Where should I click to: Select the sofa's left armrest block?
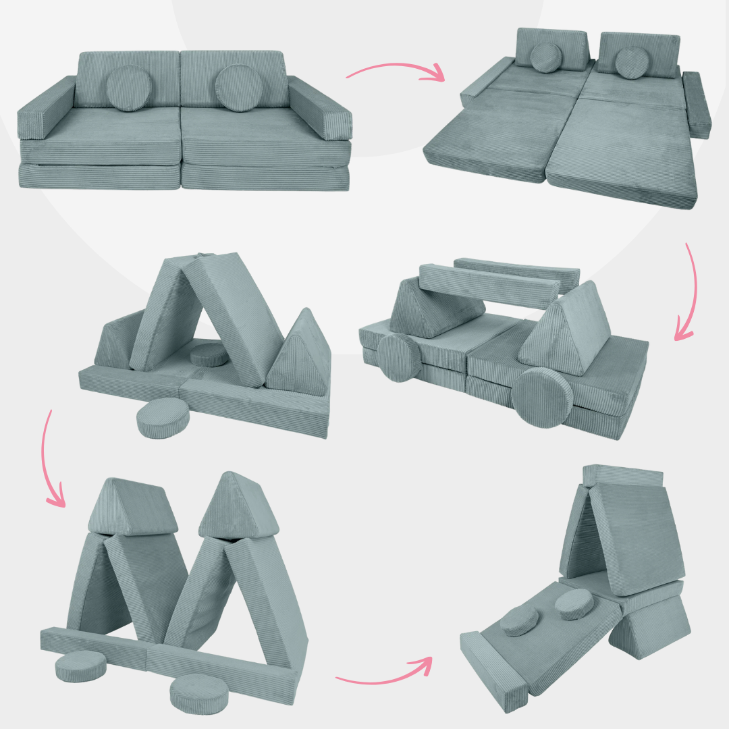(x=45, y=107)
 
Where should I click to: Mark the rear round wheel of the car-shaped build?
(x=399, y=358)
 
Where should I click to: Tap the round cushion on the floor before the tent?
(x=163, y=418)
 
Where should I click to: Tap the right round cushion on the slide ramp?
(x=574, y=604)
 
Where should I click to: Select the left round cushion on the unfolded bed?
(x=547, y=57)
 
